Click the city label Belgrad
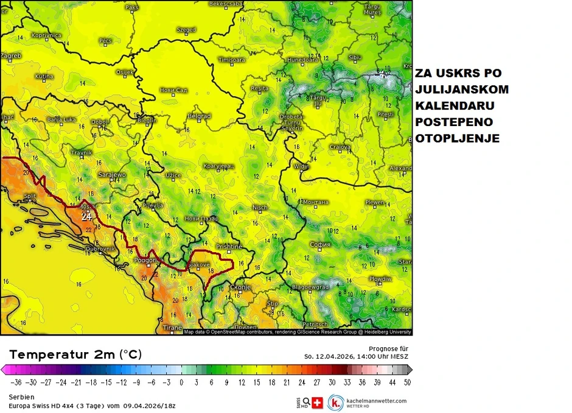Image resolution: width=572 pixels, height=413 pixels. point(199,116)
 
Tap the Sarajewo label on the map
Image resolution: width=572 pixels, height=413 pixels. point(112,175)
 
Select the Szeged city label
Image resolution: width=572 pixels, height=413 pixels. point(186,29)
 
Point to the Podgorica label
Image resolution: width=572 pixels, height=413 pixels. point(148,259)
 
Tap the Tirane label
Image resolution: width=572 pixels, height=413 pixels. point(172,328)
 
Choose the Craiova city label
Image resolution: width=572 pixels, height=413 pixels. point(340,147)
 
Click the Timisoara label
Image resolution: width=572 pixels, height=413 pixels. point(231,60)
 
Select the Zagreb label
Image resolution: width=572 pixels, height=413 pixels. point(11,56)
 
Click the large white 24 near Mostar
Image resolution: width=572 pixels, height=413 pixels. point(87,216)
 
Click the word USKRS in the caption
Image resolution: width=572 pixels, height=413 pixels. point(458,73)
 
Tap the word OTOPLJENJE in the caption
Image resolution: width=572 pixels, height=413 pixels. point(458,139)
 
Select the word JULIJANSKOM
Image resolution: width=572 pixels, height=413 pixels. point(462,90)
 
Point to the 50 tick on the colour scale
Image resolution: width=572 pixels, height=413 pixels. point(406,382)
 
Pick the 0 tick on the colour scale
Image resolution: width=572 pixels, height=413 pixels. point(181,382)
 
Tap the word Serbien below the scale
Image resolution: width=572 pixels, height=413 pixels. point(21,397)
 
